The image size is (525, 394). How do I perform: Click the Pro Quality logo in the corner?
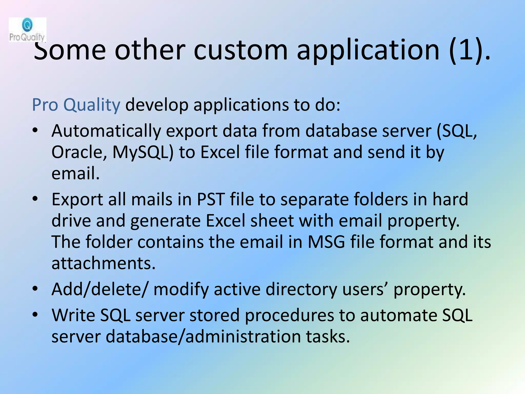27,30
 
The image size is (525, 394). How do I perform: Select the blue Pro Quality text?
76,105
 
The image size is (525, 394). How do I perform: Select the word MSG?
326,242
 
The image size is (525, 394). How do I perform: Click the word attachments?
103,263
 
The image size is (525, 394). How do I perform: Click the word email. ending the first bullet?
75,174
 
